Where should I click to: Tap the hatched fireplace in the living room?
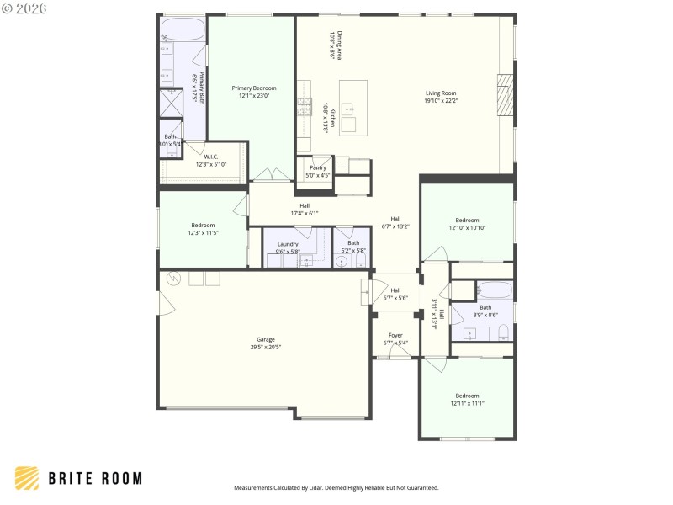click(x=505, y=94)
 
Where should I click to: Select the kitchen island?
click(x=353, y=107)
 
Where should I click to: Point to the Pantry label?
click(x=318, y=167)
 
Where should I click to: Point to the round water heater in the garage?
click(x=173, y=279)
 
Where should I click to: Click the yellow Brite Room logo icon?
click(x=27, y=478)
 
